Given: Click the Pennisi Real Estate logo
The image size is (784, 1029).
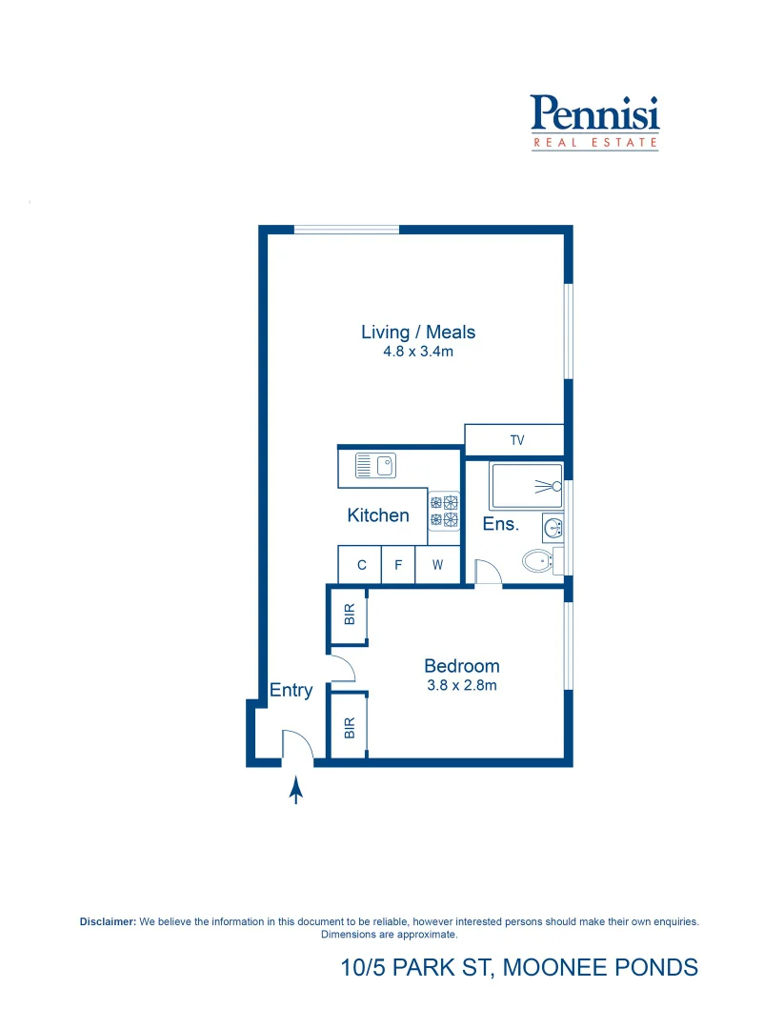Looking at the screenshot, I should [594, 121].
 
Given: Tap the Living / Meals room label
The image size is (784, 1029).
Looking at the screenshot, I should [418, 333].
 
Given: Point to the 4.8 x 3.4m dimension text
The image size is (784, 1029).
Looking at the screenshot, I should [418, 352].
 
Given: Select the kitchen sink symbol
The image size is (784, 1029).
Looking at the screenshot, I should [375, 466].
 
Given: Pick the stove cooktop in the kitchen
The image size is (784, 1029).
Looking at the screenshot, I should [444, 510].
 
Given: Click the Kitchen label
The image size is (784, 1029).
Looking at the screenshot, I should [378, 515].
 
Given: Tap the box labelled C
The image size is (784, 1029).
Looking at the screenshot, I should [361, 565].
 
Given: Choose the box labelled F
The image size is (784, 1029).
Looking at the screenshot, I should [398, 565].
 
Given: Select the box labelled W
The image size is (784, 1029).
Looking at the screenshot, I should [437, 565].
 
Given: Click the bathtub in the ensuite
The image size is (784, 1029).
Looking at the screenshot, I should [526, 486].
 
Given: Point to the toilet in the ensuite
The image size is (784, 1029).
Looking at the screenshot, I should [539, 561].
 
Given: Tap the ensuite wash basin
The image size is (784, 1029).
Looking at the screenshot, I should [553, 526].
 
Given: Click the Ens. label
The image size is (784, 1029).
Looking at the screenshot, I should [500, 524].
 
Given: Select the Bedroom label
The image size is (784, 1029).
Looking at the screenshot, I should [462, 666].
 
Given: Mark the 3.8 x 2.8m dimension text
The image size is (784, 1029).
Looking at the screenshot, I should [462, 684].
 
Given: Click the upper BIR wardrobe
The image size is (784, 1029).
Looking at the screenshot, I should [349, 615].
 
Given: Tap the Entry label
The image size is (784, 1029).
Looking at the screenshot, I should [291, 691].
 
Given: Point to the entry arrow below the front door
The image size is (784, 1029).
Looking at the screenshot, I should [296, 790].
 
